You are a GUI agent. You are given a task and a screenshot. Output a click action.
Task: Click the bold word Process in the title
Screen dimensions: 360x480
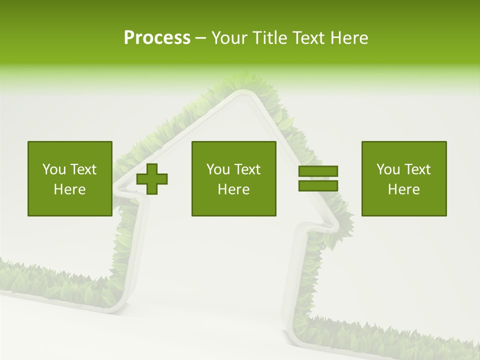157,37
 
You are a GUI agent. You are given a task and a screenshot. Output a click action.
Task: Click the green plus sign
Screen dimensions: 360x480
152,179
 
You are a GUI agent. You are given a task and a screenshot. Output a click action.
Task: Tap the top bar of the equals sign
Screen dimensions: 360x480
318,171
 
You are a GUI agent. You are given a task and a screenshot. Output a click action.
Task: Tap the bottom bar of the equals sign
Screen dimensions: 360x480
318,185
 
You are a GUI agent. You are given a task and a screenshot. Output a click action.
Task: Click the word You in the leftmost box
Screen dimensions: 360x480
53,169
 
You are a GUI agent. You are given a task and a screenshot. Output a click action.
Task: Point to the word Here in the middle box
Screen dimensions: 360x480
233,189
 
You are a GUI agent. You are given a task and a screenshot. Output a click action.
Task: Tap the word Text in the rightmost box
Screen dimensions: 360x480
417,169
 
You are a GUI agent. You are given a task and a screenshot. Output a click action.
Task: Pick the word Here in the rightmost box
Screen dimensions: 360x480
403,189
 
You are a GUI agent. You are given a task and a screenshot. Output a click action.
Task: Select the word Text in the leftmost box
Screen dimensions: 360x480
83,169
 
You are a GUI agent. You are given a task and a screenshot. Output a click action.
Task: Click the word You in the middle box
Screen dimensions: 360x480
217,169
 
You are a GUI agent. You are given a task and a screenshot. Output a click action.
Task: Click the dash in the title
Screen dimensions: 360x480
200,38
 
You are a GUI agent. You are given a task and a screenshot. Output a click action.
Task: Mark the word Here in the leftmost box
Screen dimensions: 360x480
69,189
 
